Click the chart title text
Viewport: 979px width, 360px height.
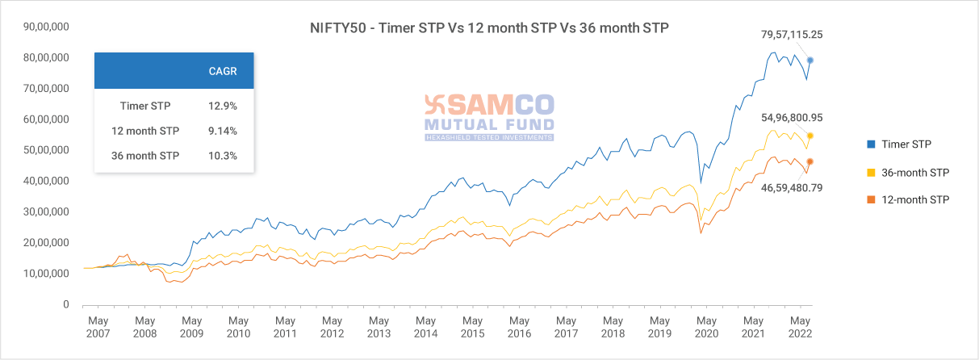pyautogui.click(x=489, y=28)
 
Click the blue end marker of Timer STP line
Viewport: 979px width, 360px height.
pyautogui.click(x=810, y=61)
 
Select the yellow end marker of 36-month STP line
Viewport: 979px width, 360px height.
pyautogui.click(x=810, y=136)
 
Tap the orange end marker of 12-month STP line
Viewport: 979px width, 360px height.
pyautogui.click(x=810, y=161)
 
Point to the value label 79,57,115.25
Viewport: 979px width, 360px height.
pyautogui.click(x=791, y=35)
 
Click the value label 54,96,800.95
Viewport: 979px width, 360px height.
pyautogui.click(x=791, y=118)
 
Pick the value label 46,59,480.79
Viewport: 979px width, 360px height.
pyautogui.click(x=791, y=187)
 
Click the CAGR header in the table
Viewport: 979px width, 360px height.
pyautogui.click(x=223, y=71)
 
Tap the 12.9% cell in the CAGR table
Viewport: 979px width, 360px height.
pyautogui.click(x=223, y=106)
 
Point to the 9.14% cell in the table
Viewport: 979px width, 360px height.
pyautogui.click(x=223, y=131)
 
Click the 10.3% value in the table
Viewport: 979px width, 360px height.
pyautogui.click(x=223, y=156)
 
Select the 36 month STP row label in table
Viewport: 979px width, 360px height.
pyautogui.click(x=145, y=156)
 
